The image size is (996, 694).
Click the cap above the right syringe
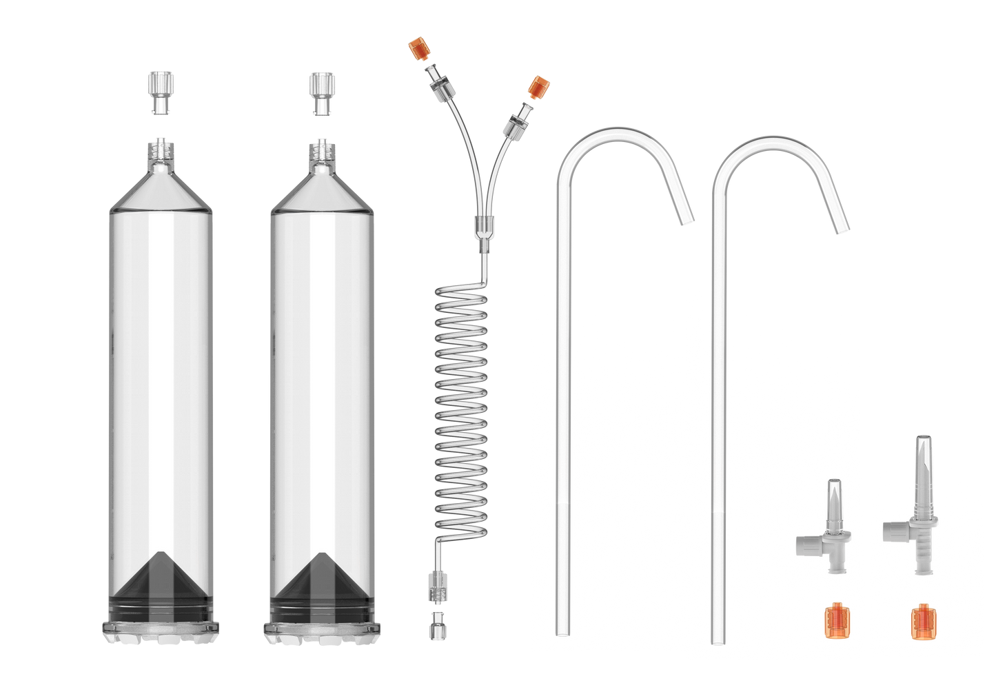coord(318,92)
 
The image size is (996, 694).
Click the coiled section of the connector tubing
coord(462,414)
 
